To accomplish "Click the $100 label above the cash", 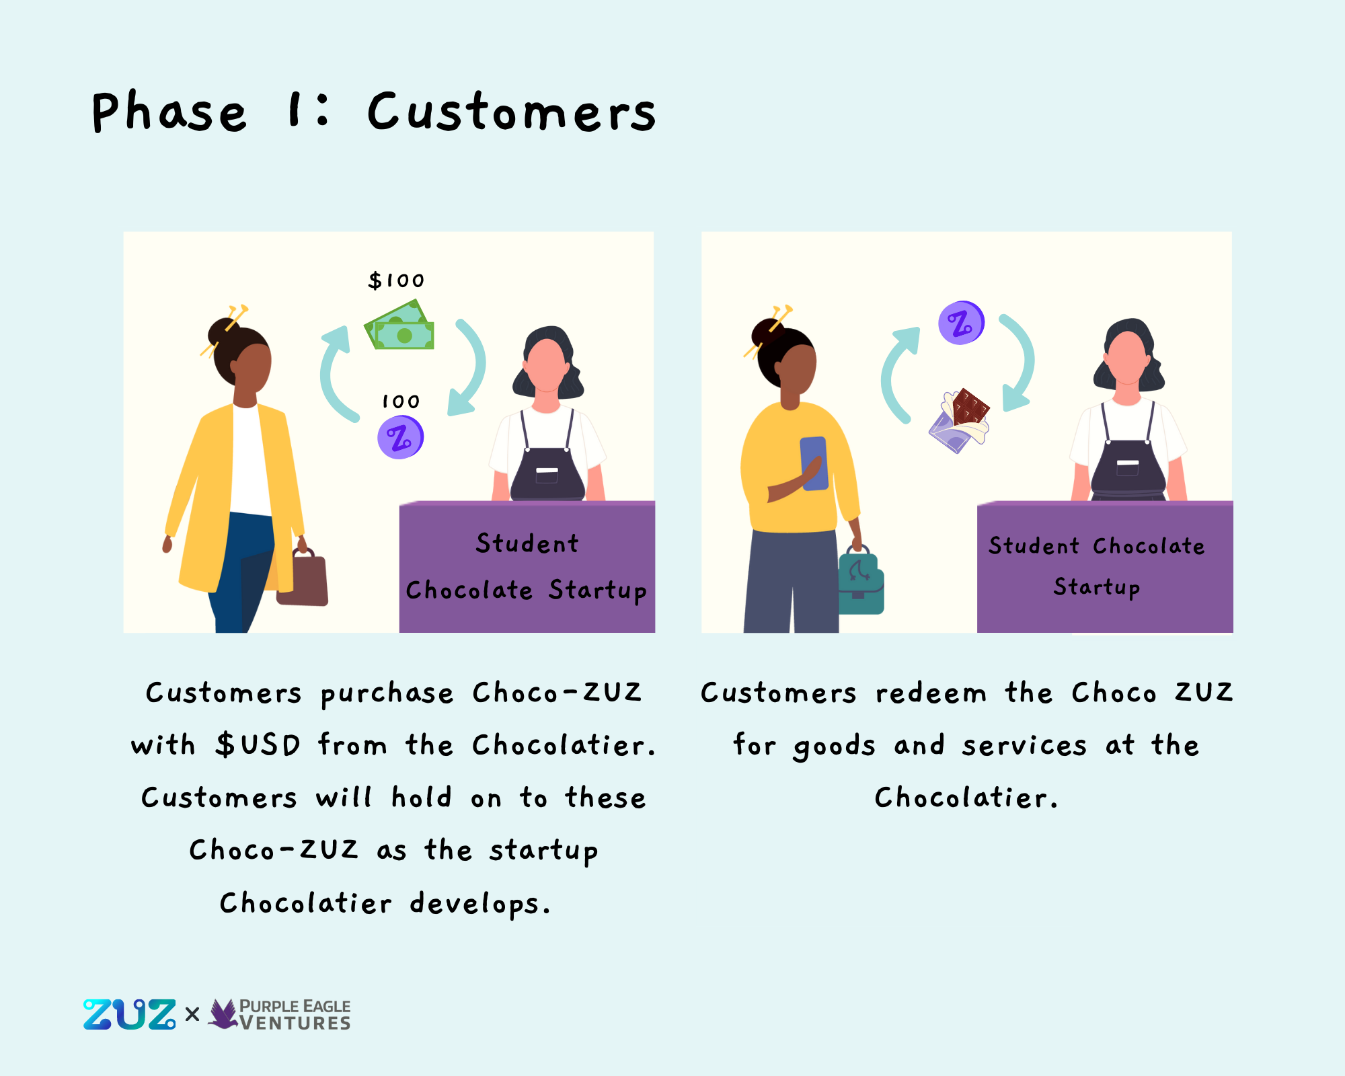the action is [396, 280].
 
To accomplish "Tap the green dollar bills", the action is [399, 325].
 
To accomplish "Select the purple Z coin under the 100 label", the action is [401, 437].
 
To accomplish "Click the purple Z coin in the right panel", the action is [962, 323].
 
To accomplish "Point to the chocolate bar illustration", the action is [959, 420].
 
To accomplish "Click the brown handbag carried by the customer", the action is [302, 577].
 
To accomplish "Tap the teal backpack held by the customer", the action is [861, 580].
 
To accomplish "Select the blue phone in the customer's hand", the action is [814, 463].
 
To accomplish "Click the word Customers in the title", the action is [512, 112].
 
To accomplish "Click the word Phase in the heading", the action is [169, 112].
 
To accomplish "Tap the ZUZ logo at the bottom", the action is [130, 1014].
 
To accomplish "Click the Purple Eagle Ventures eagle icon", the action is [224, 1013].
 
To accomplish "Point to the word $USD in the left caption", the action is [258, 745].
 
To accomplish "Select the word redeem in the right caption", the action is [931, 693].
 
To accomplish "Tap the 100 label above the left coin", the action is [401, 401].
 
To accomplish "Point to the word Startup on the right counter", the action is [1097, 587].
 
